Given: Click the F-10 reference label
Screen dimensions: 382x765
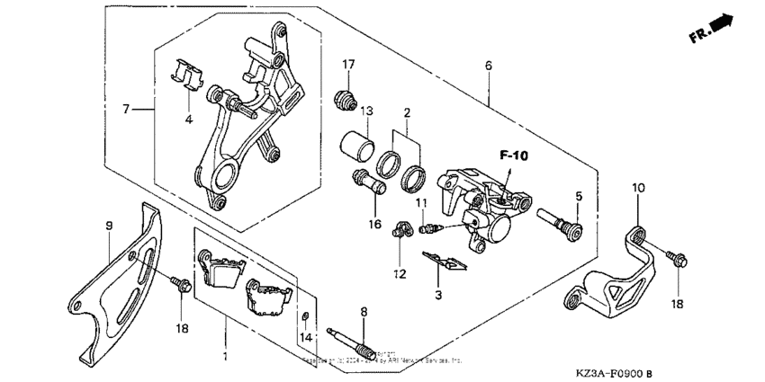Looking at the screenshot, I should point(514,155).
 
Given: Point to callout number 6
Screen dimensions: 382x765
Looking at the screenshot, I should point(488,66).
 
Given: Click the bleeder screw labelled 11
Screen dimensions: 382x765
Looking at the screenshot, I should point(429,228).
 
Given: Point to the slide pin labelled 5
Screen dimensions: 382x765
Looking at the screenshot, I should point(560,218).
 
